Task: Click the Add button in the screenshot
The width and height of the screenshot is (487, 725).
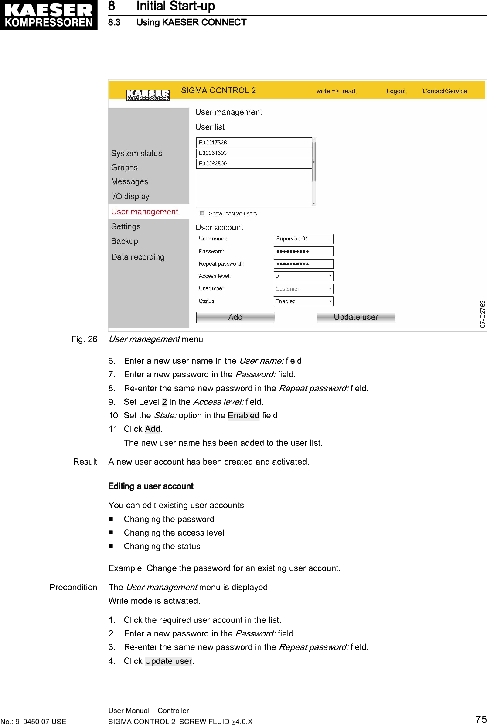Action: [235, 317]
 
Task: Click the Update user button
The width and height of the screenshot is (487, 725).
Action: [356, 317]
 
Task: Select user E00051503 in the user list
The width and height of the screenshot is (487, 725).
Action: [213, 153]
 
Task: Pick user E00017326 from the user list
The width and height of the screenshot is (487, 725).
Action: [213, 143]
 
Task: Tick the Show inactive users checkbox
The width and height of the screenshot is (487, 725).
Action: [202, 213]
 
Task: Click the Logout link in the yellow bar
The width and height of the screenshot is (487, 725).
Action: [396, 91]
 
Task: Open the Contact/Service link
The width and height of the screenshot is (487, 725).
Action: [445, 91]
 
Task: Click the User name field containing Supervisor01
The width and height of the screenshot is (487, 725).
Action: [303, 239]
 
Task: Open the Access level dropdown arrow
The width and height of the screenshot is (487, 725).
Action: [330, 276]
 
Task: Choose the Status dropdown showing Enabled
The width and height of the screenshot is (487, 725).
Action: [303, 301]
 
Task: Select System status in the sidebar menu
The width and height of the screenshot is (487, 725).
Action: [136, 153]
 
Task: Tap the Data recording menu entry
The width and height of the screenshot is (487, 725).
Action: [138, 257]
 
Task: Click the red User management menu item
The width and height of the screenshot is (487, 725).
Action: [144, 212]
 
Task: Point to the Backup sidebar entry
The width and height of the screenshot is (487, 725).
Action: [125, 241]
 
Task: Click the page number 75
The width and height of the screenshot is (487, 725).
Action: [481, 719]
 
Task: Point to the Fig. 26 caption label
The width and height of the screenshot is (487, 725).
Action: [84, 339]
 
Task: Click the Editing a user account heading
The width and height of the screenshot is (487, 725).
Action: [150, 486]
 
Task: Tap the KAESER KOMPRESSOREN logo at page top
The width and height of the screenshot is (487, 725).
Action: [49, 15]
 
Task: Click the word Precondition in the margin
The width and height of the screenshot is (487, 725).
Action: [73, 587]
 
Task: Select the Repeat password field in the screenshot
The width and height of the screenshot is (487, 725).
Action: [303, 264]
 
